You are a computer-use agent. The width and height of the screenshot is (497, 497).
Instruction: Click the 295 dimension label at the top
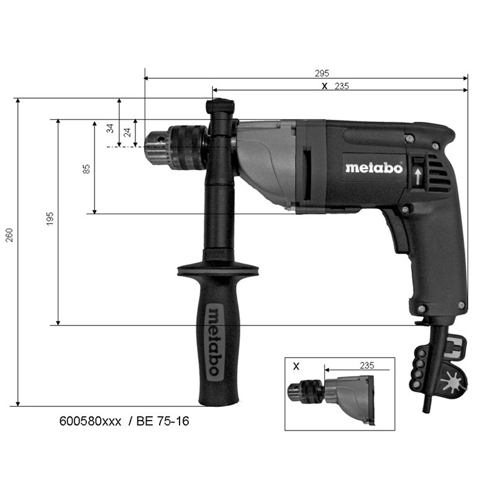coord(322,73)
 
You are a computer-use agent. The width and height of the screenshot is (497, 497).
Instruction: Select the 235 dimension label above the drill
coord(342,86)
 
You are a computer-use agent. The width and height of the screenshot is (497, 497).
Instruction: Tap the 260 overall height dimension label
coord(10,235)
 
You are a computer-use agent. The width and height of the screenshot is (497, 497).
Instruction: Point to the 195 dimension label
coord(50,219)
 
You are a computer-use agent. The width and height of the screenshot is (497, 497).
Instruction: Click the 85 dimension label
coord(86,169)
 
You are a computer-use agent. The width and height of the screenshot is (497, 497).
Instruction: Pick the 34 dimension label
coord(110,129)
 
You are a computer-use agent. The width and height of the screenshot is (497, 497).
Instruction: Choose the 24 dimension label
coord(127,132)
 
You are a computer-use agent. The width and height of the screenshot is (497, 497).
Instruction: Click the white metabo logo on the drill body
coord(374,168)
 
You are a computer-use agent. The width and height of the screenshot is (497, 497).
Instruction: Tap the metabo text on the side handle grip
coord(214,340)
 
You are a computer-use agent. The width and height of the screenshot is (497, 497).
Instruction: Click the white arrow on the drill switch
coord(418,176)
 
